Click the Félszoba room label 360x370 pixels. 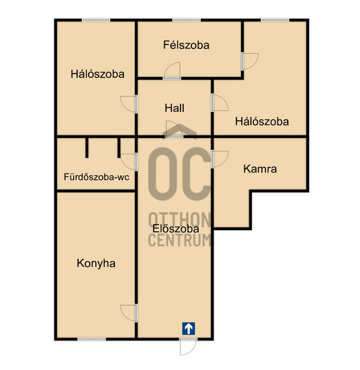[x=186, y=45]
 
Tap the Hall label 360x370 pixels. [x=174, y=108]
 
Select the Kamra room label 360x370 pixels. [x=260, y=169]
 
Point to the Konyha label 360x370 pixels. [x=96, y=263]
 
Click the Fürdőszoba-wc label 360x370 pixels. [x=97, y=177]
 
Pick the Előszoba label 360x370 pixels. [x=176, y=229]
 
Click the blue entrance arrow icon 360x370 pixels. [x=189, y=329]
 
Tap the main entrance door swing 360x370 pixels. [x=188, y=346]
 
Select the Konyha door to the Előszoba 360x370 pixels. [x=129, y=313]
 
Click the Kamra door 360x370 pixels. [x=220, y=159]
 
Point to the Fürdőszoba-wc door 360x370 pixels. [x=129, y=162]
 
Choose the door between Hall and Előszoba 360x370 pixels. [x=174, y=129]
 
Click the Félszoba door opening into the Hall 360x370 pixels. [x=172, y=71]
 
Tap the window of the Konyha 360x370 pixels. [x=92, y=339]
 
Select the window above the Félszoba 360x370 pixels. [x=186, y=20]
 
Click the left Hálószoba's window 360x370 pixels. [x=96, y=20]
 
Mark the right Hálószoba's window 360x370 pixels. [x=275, y=20]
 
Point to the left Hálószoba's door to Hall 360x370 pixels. [x=129, y=104]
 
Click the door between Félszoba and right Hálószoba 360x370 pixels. [x=250, y=62]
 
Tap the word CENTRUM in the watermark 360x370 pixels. [x=179, y=240]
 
